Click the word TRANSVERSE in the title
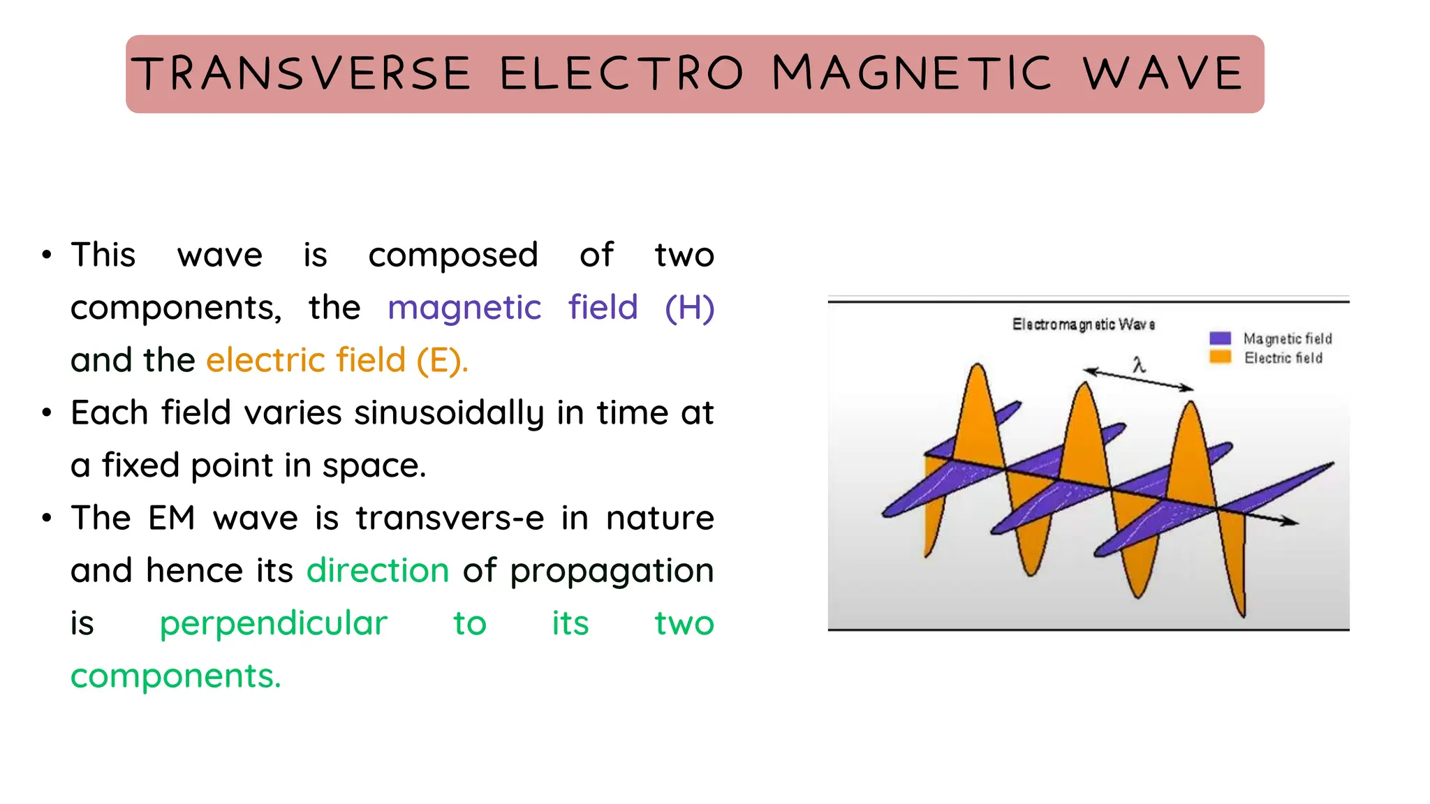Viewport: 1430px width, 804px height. [x=302, y=73]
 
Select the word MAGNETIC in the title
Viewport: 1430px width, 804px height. [x=911, y=73]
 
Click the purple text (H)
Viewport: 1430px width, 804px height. [x=689, y=308]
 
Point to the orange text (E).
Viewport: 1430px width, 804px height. [x=441, y=360]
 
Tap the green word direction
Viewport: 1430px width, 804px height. [x=378, y=570]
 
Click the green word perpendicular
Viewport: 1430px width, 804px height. [x=273, y=623]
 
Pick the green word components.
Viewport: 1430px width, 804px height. [x=175, y=676]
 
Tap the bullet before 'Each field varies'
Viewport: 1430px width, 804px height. [x=47, y=412]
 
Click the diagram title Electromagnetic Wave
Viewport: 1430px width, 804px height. [x=1083, y=325]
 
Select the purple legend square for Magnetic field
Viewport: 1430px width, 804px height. [x=1220, y=338]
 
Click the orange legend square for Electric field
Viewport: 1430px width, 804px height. [x=1220, y=357]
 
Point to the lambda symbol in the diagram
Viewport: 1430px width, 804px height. [x=1139, y=364]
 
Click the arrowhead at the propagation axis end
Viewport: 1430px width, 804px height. [x=1292, y=521]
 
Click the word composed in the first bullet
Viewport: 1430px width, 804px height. [x=452, y=255]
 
